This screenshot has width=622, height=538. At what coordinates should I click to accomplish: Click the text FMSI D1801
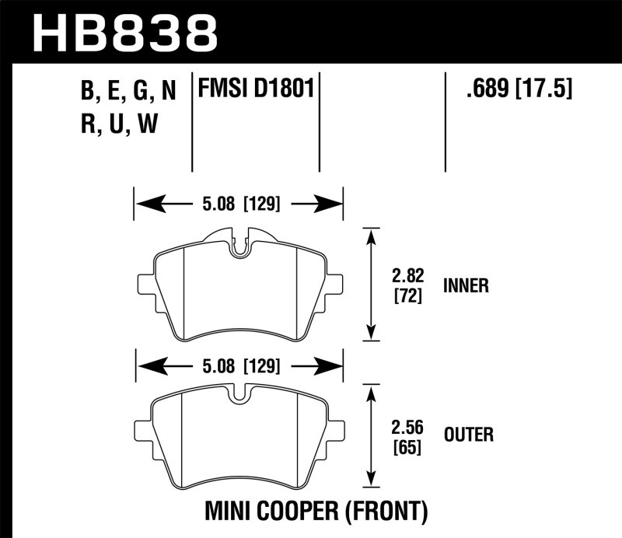pos(256,90)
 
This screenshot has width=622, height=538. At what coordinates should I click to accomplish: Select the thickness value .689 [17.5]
pos(516,90)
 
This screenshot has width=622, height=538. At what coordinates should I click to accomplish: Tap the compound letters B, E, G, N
pos(129,92)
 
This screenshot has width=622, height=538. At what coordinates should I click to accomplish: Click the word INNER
pos(466,286)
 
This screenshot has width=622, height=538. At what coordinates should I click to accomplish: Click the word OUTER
pos(468,434)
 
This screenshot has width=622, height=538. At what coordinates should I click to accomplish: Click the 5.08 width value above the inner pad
pos(209,204)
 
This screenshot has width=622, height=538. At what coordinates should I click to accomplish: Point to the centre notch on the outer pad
pos(240,395)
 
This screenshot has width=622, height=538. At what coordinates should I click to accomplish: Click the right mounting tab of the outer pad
pos(336,430)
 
